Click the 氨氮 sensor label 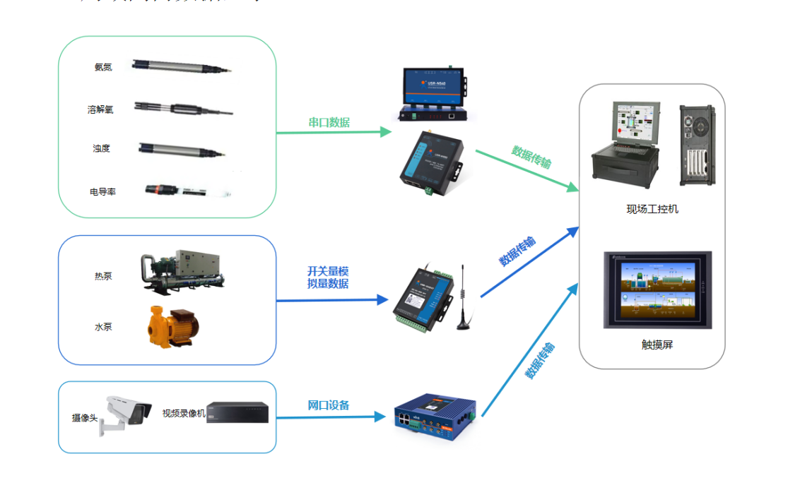[x=102, y=67]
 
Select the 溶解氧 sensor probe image [x=183, y=109]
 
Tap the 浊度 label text [x=101, y=148]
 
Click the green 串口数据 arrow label [x=329, y=122]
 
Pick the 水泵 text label [x=103, y=327]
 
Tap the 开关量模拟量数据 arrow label [x=328, y=277]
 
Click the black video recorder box [x=237, y=412]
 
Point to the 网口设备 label [x=329, y=405]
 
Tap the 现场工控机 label [x=652, y=209]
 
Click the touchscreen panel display [x=657, y=290]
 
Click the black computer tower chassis [x=697, y=145]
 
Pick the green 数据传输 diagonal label [x=531, y=157]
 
